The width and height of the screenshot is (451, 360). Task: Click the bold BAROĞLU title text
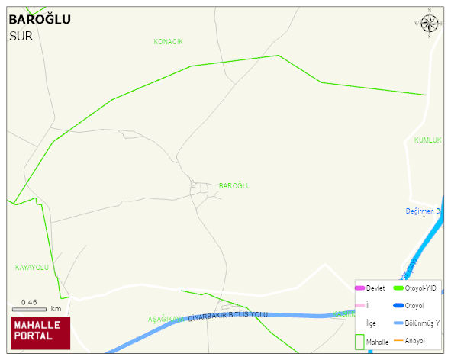tap(40, 19)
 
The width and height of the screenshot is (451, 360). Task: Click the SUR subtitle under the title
tap(21, 36)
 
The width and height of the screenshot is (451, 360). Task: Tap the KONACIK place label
tap(168, 41)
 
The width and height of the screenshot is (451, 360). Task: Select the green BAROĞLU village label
tap(234, 186)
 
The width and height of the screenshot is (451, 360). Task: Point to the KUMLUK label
tap(427, 140)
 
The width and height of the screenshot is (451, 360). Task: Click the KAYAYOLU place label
tap(31, 268)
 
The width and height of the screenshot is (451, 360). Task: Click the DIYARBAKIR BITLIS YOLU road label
tap(228, 315)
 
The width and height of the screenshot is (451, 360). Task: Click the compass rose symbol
tap(430, 24)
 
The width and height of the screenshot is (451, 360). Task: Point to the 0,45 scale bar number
tap(29, 302)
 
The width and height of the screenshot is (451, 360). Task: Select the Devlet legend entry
tap(375, 288)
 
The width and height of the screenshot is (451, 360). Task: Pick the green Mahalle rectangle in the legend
tap(359, 342)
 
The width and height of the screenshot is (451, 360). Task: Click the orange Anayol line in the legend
tap(398, 340)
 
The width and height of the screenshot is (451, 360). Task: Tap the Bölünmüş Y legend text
tap(422, 323)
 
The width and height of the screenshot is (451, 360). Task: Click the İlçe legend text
tap(371, 323)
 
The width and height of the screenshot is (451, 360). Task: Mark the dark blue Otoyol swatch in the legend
tap(398, 306)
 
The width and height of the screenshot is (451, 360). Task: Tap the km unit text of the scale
tap(56, 309)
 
